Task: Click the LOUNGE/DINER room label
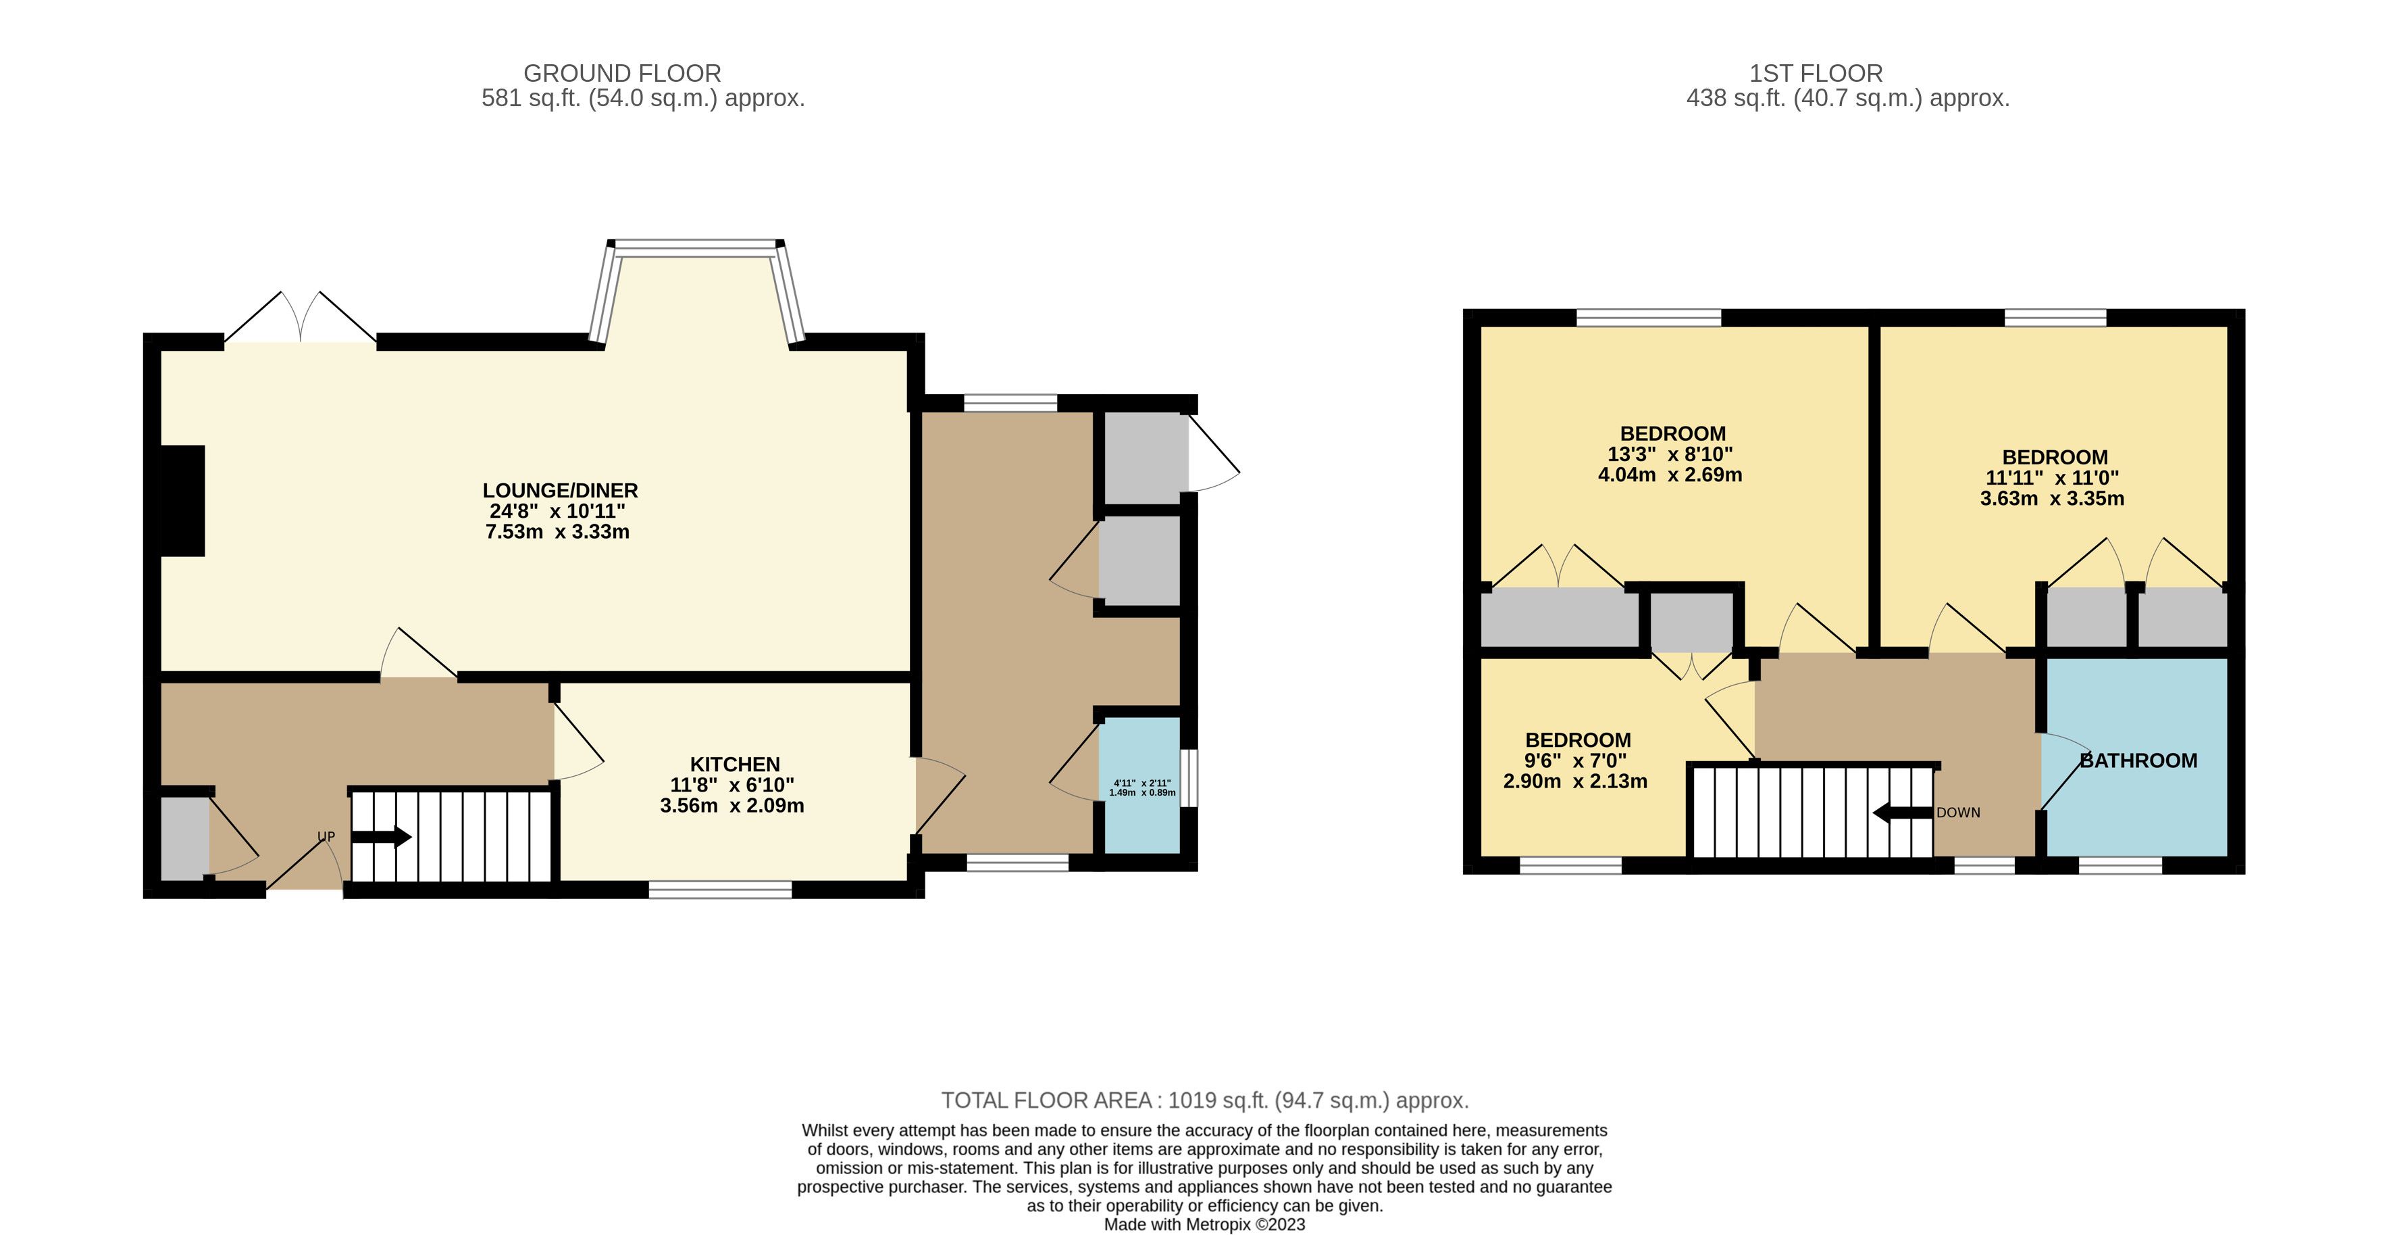[560, 490]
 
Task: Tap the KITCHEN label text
[734, 765]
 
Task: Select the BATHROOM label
[2138, 761]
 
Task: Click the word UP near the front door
[326, 837]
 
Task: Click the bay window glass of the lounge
[696, 247]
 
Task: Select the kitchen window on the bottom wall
[721, 890]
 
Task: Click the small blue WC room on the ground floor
[1141, 785]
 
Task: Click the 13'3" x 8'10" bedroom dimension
[1670, 455]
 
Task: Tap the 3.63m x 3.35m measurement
[2053, 499]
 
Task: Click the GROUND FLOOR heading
[622, 73]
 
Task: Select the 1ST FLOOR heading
[1816, 73]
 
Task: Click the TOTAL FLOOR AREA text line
[1205, 1100]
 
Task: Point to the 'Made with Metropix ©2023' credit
[1204, 1225]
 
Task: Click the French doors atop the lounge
[301, 317]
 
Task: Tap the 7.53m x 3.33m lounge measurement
[557, 533]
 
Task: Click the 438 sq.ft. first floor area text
[1847, 99]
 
